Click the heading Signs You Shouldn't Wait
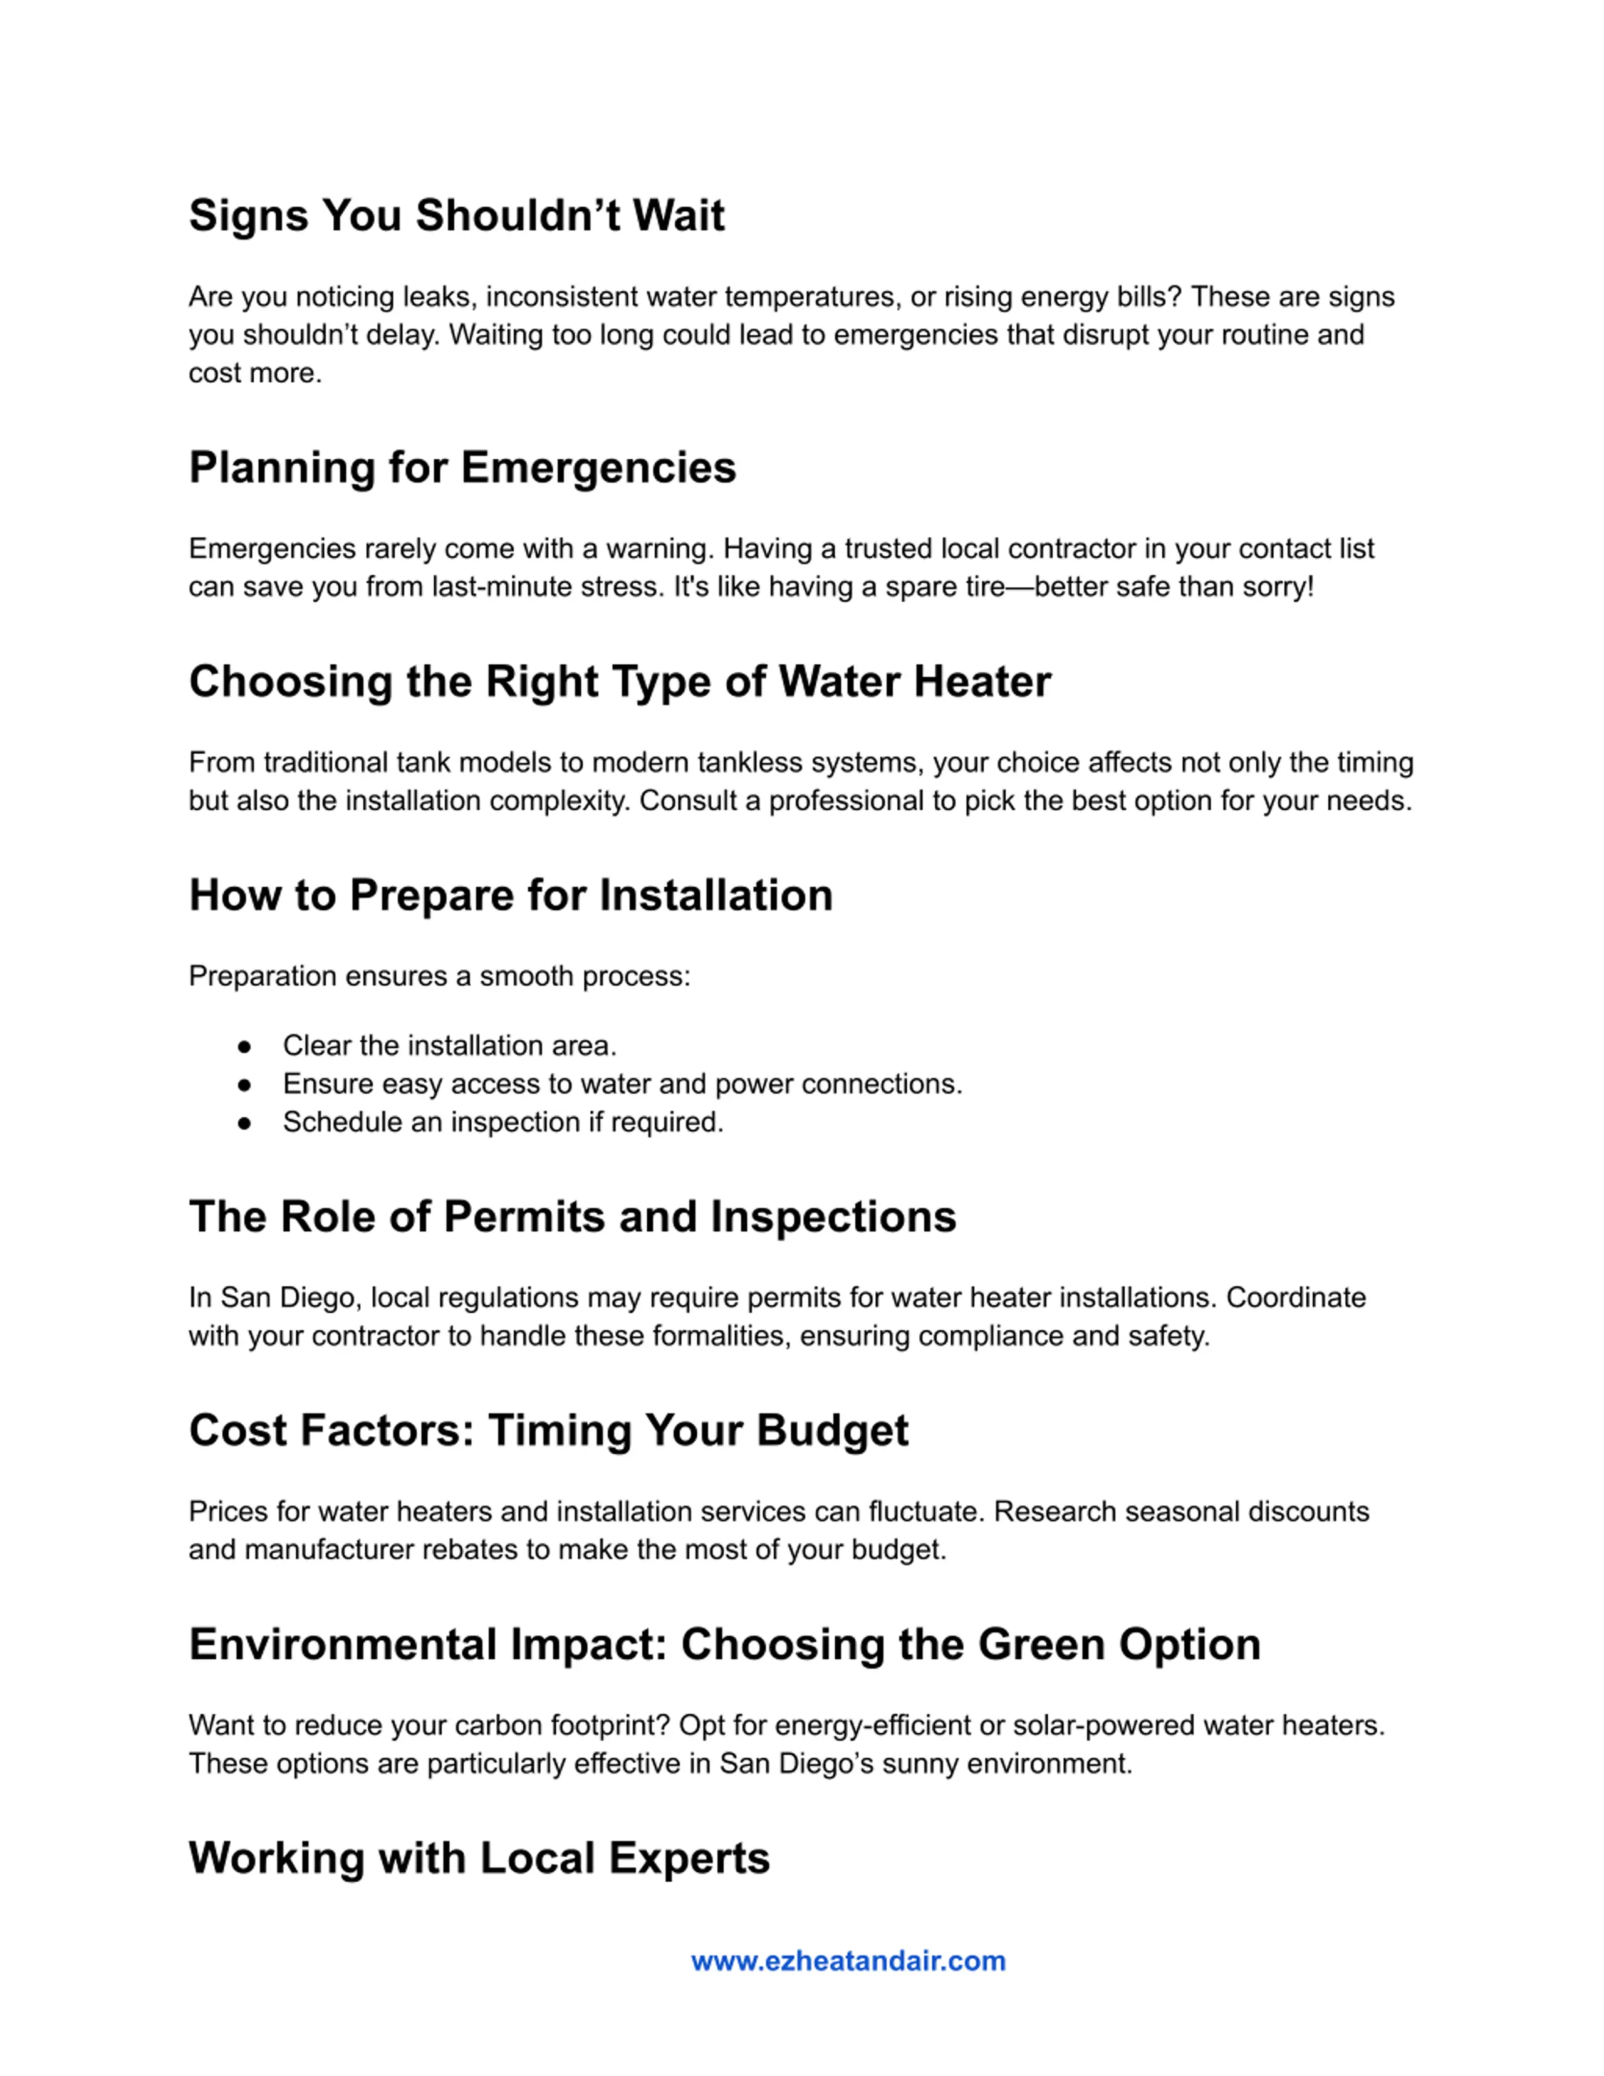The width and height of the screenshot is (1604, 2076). tap(456, 216)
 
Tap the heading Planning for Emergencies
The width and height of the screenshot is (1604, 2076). tap(462, 467)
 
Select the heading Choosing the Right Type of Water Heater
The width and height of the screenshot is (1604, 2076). tap(620, 682)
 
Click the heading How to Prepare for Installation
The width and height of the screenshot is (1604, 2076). tap(510, 895)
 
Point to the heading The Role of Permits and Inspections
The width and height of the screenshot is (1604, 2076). tap(572, 1217)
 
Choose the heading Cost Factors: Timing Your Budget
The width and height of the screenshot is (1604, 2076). tap(548, 1431)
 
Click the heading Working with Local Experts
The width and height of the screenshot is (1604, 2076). tap(479, 1859)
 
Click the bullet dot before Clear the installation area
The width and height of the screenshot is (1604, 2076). tap(245, 1046)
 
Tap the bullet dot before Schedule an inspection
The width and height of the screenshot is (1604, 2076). tap(245, 1123)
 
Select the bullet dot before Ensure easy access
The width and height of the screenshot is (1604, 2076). tap(245, 1085)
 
